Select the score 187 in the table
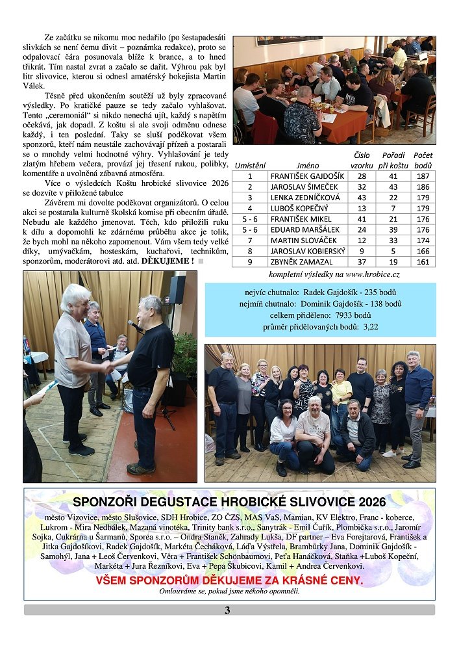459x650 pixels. [423, 176]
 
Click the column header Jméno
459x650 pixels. [307, 166]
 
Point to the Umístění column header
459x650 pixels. [250, 166]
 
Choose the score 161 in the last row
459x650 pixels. [423, 262]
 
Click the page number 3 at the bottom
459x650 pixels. [227, 610]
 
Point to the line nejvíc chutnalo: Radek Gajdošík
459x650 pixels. [320, 292]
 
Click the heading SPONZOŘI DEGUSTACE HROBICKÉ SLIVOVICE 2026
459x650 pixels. [229, 502]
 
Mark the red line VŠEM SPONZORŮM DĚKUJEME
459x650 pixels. [229, 580]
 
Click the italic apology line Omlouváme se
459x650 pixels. [229, 591]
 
